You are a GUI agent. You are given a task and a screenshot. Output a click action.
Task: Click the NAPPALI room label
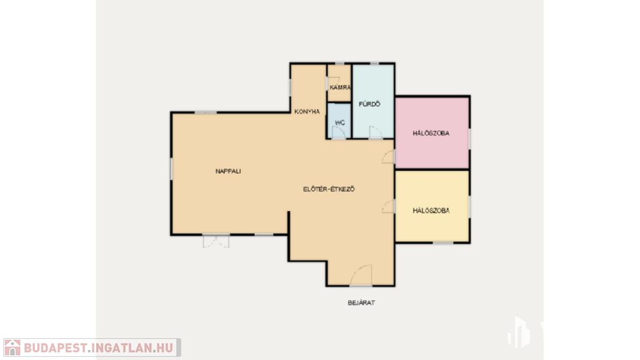point(228,171)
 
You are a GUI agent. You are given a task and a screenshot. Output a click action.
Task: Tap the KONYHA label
point(307,111)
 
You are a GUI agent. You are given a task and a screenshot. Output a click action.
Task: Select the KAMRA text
point(340,87)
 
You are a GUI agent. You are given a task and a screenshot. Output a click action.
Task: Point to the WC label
point(339,122)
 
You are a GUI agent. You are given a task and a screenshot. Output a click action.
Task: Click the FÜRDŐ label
point(369,104)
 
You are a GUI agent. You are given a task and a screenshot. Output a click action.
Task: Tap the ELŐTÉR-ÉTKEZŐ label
point(329,189)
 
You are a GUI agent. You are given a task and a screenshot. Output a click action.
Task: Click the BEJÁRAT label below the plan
point(361,303)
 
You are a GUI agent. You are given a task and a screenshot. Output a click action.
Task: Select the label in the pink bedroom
point(431,133)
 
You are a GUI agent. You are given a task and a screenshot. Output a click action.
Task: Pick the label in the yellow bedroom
point(431,211)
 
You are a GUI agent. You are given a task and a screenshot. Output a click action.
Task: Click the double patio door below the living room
point(216,241)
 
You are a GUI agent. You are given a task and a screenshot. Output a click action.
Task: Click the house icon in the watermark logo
point(12,347)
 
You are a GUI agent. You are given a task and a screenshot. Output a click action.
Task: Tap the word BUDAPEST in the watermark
point(55,348)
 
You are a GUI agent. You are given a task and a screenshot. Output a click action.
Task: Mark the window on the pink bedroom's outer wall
point(469,139)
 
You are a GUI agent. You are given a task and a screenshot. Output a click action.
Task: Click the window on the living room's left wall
point(171,169)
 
